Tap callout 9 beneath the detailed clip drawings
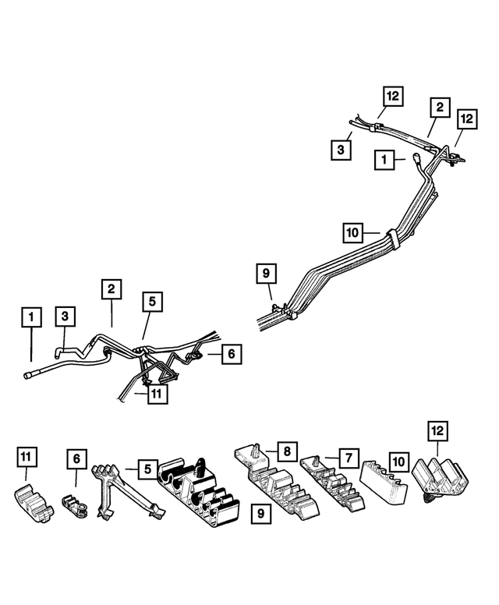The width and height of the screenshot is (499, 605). pyautogui.click(x=260, y=514)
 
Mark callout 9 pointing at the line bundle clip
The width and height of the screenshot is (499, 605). pyautogui.click(x=266, y=274)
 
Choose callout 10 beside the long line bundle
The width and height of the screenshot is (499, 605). pyautogui.click(x=353, y=232)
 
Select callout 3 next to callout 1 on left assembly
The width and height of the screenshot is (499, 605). pyautogui.click(x=65, y=316)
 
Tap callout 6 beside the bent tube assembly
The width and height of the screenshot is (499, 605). pyautogui.click(x=231, y=353)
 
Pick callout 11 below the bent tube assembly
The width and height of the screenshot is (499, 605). pyautogui.click(x=157, y=394)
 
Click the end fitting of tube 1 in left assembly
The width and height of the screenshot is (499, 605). pyautogui.click(x=30, y=375)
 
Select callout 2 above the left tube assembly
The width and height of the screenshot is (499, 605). pyautogui.click(x=111, y=289)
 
